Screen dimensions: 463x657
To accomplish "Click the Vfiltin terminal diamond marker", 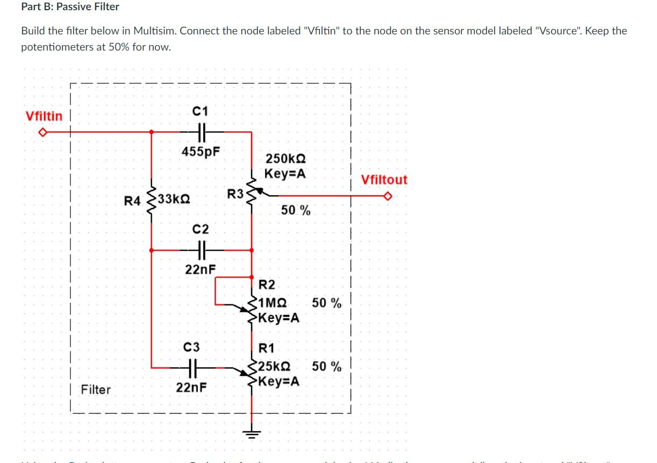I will (43, 132).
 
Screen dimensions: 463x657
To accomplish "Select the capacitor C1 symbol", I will (201, 131).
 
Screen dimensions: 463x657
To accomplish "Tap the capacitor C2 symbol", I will (201, 250).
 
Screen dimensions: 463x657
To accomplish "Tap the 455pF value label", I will (201, 151).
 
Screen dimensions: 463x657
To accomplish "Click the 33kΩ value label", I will (174, 200).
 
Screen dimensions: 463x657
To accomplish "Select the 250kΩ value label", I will (285, 159).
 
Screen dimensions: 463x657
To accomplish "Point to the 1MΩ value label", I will (273, 303).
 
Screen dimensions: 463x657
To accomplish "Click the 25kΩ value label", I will (275, 367).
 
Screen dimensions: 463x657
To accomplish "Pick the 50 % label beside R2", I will (326, 303).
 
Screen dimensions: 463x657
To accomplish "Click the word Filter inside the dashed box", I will (96, 389).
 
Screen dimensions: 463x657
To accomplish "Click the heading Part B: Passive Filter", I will (70, 7).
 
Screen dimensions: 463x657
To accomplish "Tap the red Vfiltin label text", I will (44, 116).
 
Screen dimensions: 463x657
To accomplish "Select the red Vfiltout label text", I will (384, 180).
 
